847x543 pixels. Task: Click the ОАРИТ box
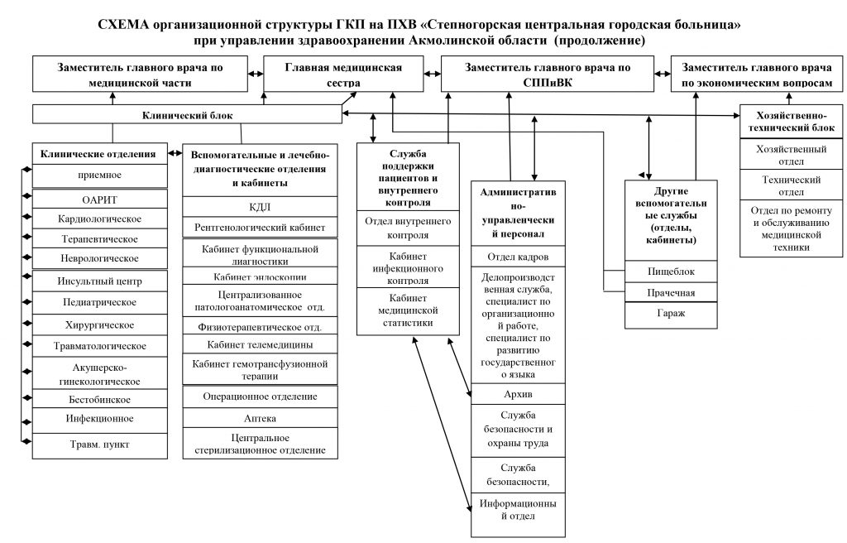[x=100, y=199]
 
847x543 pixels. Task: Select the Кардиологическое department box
[x=100, y=219]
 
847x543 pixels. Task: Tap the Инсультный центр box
[x=100, y=281]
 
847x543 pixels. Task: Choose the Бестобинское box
[x=100, y=399]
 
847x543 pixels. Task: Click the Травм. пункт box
[x=100, y=445]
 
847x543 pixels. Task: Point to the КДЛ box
[x=260, y=207]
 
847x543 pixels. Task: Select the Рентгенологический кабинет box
[x=260, y=227]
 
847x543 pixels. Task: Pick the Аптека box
[x=260, y=418]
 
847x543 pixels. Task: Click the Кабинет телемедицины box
[x=260, y=344]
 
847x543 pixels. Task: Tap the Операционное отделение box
[x=260, y=396]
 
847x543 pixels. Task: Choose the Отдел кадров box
[x=518, y=257]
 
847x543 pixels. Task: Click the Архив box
[x=518, y=394]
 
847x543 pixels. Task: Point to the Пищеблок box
[x=671, y=271]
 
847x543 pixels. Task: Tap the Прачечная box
[x=671, y=292]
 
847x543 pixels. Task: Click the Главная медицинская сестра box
[x=343, y=74]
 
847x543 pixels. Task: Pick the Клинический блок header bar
[x=188, y=115]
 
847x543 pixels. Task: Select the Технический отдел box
[x=791, y=185]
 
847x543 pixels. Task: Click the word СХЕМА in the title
[x=123, y=25]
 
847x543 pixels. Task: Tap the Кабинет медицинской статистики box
[x=408, y=311]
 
